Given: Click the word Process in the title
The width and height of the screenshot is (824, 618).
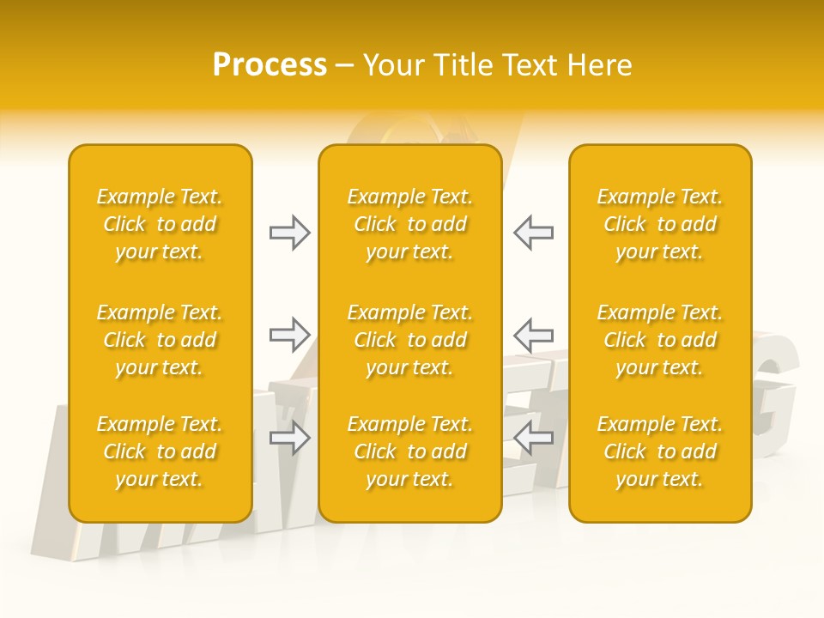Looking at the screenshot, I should tap(270, 65).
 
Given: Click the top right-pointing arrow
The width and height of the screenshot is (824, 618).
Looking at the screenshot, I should tap(289, 233).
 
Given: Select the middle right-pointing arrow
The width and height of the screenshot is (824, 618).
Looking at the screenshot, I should tap(289, 335).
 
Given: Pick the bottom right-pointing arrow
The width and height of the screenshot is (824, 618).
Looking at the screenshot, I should tap(289, 438).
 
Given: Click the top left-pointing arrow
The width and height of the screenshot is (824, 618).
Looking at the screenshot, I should tap(533, 233).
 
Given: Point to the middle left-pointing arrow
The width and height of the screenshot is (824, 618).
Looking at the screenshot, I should tap(533, 335).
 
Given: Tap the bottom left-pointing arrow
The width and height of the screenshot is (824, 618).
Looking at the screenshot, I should tap(533, 438).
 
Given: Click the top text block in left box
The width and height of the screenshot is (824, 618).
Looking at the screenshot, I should tap(160, 224).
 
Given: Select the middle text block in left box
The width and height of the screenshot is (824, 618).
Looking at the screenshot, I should tap(160, 340).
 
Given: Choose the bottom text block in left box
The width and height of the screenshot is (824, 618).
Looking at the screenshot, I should tap(160, 451).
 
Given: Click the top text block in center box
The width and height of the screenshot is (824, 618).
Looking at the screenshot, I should tap(410, 224).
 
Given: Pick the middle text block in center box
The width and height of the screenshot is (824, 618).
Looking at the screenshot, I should tap(410, 340).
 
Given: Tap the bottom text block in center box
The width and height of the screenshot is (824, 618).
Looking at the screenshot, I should tap(410, 451).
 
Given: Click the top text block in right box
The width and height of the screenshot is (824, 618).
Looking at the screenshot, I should tap(660, 224).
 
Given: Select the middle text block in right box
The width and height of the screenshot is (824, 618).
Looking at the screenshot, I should tap(660, 340).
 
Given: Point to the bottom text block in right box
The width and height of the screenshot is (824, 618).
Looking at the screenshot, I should tap(660, 451).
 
